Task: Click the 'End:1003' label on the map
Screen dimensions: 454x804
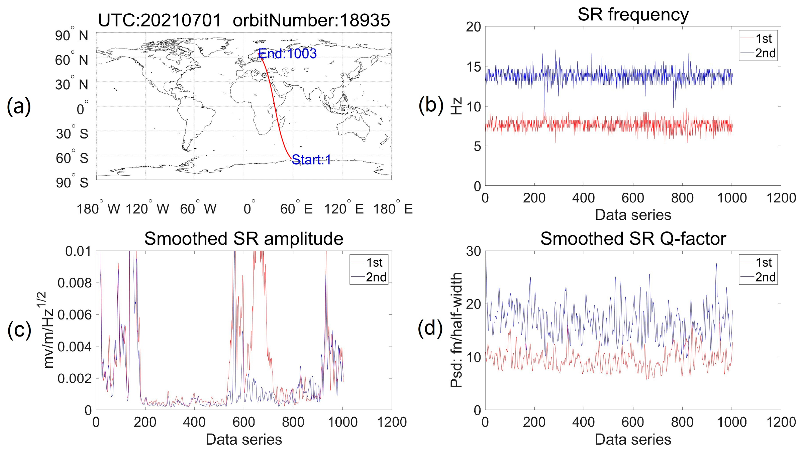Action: point(287,54)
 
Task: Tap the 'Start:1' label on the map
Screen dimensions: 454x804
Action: point(311,160)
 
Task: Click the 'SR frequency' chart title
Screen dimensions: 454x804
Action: point(633,14)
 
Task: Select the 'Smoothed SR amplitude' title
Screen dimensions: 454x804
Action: point(243,239)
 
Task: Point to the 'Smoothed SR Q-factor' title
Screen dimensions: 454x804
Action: point(633,239)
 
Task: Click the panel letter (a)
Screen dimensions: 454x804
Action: point(19,106)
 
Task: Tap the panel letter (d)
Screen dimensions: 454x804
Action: point(430,328)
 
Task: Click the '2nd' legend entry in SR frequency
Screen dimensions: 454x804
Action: point(765,53)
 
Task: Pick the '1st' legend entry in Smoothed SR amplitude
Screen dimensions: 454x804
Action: point(374,263)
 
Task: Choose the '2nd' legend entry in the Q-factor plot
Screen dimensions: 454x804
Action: point(765,277)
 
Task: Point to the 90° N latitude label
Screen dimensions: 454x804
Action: point(72,35)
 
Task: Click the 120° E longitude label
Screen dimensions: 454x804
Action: point(343,209)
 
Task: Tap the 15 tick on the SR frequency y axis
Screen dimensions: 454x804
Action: point(474,67)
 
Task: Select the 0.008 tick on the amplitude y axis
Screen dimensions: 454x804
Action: point(74,283)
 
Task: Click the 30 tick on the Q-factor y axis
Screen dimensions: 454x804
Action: point(474,251)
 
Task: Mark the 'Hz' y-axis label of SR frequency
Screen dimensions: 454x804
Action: point(457,106)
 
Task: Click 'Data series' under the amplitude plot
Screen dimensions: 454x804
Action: point(243,439)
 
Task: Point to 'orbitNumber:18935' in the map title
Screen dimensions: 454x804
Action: point(311,21)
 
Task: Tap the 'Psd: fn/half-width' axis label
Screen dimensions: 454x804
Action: point(457,330)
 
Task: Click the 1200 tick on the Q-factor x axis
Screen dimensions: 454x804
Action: point(781,422)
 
